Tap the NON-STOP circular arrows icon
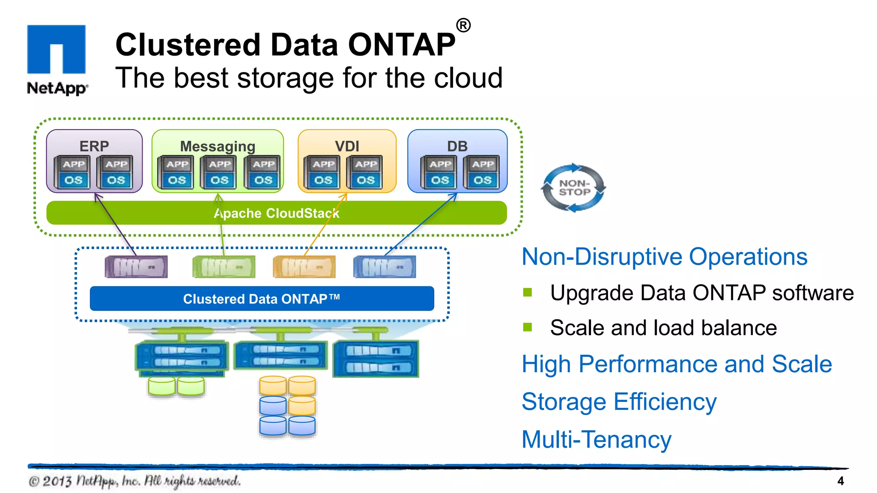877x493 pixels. pyautogui.click(x=574, y=188)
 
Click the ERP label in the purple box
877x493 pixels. pyautogui.click(x=94, y=146)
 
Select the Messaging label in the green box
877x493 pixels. pyautogui.click(x=218, y=146)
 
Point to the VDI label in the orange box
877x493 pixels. pyautogui.click(x=347, y=146)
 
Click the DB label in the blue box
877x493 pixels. pyautogui.click(x=457, y=146)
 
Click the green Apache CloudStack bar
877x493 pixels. pyautogui.click(x=276, y=213)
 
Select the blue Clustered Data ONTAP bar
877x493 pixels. pyautogui.click(x=262, y=299)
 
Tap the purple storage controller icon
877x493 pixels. pyautogui.click(x=136, y=267)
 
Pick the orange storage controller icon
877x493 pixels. pyautogui.click(x=304, y=267)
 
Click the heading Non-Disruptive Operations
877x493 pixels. pyautogui.click(x=664, y=257)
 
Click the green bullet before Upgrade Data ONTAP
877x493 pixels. pyautogui.click(x=528, y=292)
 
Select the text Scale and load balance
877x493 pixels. pyautogui.click(x=663, y=328)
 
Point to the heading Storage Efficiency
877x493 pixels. pyautogui.click(x=619, y=402)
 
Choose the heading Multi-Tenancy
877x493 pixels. pyautogui.click(x=596, y=440)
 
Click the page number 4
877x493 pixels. pyautogui.click(x=840, y=481)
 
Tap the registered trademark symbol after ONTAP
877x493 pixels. pyautogui.click(x=463, y=25)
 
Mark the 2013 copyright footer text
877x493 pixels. pyautogui.click(x=134, y=481)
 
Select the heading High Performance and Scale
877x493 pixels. pyautogui.click(x=677, y=364)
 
